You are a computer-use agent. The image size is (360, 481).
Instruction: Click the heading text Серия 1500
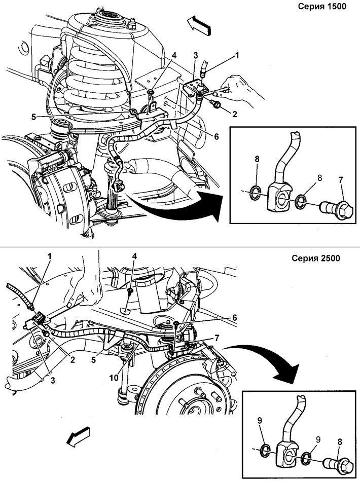[322, 7]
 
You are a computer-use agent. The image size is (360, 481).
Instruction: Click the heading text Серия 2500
[316, 258]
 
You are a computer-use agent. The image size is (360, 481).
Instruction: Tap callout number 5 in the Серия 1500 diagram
[34, 117]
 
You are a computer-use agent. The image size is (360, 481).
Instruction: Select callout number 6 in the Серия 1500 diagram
[217, 136]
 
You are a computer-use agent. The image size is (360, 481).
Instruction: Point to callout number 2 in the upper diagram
[235, 114]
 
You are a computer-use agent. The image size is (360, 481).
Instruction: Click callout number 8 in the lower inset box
[340, 442]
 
